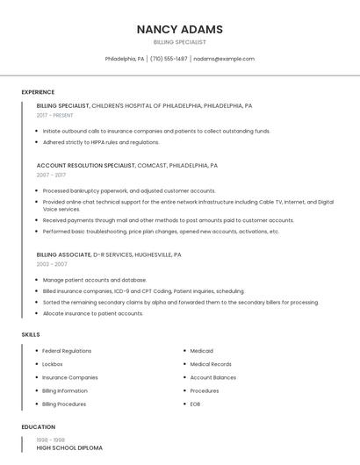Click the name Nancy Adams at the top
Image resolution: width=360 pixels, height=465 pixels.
(x=179, y=29)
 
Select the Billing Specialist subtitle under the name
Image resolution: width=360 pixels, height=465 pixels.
(x=179, y=42)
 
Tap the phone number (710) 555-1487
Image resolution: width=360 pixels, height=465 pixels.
(x=169, y=59)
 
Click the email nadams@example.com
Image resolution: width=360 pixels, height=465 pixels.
(x=224, y=59)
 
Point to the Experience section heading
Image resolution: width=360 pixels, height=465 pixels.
(x=38, y=92)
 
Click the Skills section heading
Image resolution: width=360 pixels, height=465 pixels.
(x=31, y=334)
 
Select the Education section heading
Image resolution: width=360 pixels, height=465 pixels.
(x=38, y=427)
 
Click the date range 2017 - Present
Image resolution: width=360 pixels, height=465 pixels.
(x=55, y=115)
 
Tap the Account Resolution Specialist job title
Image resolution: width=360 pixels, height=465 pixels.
(x=86, y=165)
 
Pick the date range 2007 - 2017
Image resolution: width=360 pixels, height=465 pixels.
(x=51, y=175)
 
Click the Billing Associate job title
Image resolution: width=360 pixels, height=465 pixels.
(x=63, y=254)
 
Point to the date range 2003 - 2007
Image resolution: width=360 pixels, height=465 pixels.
(x=52, y=264)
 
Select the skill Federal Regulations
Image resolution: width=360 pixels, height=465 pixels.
(x=67, y=351)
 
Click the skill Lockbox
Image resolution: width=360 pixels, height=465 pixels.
(x=53, y=364)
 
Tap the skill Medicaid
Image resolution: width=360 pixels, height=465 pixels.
(x=202, y=351)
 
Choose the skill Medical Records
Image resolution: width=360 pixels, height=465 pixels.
(x=211, y=364)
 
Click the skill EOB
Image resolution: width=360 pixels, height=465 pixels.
(x=196, y=404)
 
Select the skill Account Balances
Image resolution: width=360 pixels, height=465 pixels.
(x=213, y=377)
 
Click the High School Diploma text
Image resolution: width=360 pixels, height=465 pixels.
(x=69, y=448)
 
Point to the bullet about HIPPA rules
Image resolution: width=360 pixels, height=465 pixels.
(x=101, y=142)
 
